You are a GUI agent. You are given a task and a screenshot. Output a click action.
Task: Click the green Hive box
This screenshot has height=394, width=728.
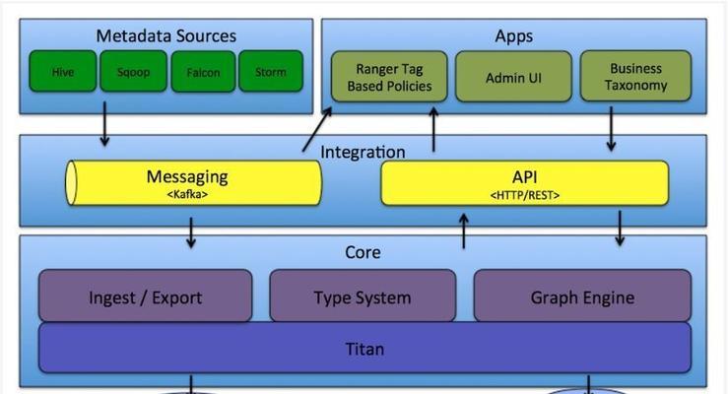(x=63, y=72)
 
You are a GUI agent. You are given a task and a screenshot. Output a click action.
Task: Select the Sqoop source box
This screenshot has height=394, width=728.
(x=133, y=72)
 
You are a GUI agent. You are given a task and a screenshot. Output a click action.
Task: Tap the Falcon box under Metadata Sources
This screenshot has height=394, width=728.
(x=203, y=72)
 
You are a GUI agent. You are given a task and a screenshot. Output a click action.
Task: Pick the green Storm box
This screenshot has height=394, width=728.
(x=271, y=72)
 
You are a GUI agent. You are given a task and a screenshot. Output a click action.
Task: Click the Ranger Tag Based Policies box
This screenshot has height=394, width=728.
(x=389, y=77)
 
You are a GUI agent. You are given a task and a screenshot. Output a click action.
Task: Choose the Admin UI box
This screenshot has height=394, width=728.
(x=513, y=77)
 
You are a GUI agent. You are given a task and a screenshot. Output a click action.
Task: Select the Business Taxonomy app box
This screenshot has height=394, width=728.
(x=635, y=77)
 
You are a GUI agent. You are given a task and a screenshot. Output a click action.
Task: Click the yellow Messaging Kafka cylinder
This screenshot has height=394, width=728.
(x=193, y=183)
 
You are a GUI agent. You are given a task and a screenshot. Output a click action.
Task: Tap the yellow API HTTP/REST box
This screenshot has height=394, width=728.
(x=525, y=183)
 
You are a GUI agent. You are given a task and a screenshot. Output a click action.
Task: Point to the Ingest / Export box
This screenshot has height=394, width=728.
(x=146, y=295)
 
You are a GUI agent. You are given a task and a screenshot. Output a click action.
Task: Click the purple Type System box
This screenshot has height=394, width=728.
(x=363, y=295)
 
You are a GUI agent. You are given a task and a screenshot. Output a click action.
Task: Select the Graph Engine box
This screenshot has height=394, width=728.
(x=582, y=295)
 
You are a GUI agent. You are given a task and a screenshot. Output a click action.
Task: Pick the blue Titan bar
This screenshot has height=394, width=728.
(x=364, y=348)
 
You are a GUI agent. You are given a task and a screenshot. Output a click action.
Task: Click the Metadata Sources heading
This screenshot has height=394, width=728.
(x=166, y=35)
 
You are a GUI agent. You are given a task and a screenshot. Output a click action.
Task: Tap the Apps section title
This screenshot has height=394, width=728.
(x=513, y=36)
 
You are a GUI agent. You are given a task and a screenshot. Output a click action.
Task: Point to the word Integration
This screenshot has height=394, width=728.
(x=363, y=152)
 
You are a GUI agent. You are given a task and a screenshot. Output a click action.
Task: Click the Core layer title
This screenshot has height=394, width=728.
(x=363, y=252)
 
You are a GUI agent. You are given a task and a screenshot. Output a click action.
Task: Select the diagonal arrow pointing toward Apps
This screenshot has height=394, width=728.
(x=317, y=129)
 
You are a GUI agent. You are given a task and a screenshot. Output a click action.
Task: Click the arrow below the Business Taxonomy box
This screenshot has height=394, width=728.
(x=611, y=129)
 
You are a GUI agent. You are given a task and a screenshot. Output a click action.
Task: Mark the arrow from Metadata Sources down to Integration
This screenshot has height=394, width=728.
(x=104, y=124)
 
